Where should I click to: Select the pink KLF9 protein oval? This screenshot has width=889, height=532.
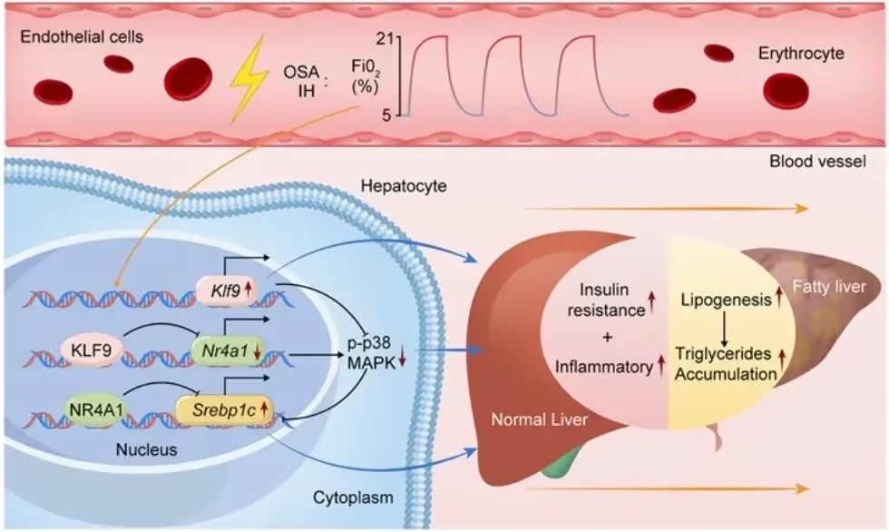pyautogui.click(x=92, y=350)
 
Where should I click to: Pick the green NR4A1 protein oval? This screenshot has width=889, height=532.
pyautogui.click(x=96, y=409)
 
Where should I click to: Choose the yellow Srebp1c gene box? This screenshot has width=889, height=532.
pyautogui.click(x=225, y=409)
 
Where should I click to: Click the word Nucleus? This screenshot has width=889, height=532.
pyautogui.click(x=146, y=449)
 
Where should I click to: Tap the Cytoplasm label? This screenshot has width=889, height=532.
pyautogui.click(x=353, y=498)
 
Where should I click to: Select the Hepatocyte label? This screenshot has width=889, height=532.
pyautogui.click(x=404, y=185)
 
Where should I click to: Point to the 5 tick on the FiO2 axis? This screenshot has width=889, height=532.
pyautogui.click(x=386, y=115)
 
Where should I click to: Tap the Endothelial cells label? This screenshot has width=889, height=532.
pyautogui.click(x=82, y=37)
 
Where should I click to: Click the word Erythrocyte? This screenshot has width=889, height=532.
pyautogui.click(x=801, y=54)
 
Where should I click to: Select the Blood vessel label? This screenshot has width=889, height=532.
pyautogui.click(x=817, y=162)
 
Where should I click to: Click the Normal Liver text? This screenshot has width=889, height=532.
pyautogui.click(x=539, y=419)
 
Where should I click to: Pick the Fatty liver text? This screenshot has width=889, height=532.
pyautogui.click(x=829, y=286)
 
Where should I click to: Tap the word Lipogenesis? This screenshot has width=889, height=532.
pyautogui.click(x=727, y=300)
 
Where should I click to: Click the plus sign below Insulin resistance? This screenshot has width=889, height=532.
pyautogui.click(x=608, y=338)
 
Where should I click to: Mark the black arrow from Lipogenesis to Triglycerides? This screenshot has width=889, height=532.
pyautogui.click(x=725, y=329)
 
